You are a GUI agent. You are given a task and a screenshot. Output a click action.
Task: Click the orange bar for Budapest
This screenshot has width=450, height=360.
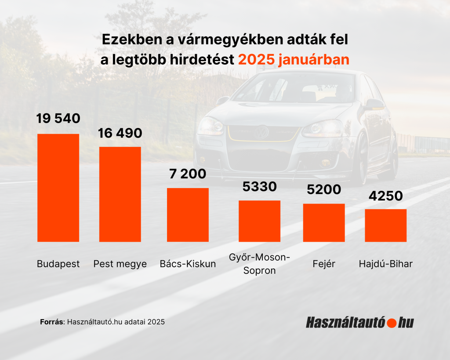(x=58, y=188)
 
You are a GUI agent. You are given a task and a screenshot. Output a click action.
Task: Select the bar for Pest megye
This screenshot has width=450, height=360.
(x=120, y=194)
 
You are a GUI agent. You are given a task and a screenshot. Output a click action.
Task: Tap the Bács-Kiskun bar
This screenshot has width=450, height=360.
(x=188, y=215)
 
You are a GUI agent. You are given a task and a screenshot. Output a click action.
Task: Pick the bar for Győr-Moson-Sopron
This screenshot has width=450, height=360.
(x=259, y=221)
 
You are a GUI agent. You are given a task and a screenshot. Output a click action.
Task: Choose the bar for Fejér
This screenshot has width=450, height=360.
(x=324, y=222)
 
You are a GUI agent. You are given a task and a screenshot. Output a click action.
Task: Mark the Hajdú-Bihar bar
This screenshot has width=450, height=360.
(x=385, y=225)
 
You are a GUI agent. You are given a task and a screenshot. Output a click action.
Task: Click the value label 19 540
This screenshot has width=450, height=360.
(x=58, y=118)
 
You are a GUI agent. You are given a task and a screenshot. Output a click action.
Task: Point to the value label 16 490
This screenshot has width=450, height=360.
(x=120, y=133)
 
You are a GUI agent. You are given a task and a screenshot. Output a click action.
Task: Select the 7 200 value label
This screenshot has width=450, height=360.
(x=188, y=174)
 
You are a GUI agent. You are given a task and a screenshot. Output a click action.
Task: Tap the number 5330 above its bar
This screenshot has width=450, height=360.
(x=259, y=186)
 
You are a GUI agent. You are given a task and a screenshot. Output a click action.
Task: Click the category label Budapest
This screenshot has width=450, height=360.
(x=58, y=264)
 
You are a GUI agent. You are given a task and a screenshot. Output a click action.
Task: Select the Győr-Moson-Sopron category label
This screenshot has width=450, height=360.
(x=259, y=263)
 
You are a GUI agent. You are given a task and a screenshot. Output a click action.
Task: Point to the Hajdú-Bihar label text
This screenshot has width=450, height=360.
(x=385, y=264)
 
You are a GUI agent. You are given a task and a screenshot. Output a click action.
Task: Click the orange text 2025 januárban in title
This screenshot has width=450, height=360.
(x=294, y=60)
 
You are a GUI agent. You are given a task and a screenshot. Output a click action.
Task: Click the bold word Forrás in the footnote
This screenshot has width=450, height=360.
(x=52, y=322)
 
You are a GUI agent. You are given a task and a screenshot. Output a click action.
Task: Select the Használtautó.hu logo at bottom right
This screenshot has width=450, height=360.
(x=359, y=322)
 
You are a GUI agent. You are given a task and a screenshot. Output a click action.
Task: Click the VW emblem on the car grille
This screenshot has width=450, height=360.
(x=262, y=131)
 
